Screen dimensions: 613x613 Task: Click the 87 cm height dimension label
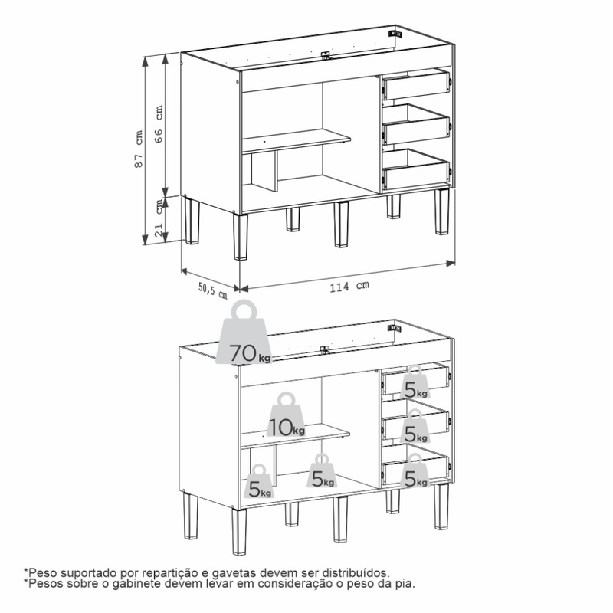coord(139,149)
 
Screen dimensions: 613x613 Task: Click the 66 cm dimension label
coord(159,123)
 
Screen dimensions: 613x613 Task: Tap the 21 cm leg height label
coord(159,218)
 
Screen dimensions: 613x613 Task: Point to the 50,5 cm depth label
coord(213,291)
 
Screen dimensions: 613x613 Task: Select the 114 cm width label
coord(349,286)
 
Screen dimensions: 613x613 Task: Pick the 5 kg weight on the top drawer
coord(415,382)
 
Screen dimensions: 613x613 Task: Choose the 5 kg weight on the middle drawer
coord(415,426)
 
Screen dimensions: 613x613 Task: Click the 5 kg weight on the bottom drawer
coord(415,470)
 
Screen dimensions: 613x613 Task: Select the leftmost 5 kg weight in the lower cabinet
coord(259,481)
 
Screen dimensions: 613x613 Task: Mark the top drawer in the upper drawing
coord(416,84)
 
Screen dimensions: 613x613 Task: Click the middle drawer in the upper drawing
coord(416,124)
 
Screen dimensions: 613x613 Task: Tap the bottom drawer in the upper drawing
coord(416,169)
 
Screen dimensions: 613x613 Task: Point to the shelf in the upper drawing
coord(296,141)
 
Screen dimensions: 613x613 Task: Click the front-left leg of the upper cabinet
coord(241,236)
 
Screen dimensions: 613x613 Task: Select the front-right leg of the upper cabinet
coord(442,211)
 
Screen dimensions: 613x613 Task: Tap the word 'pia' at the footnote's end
coord(406,585)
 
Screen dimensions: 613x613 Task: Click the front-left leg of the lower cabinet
coord(239,531)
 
